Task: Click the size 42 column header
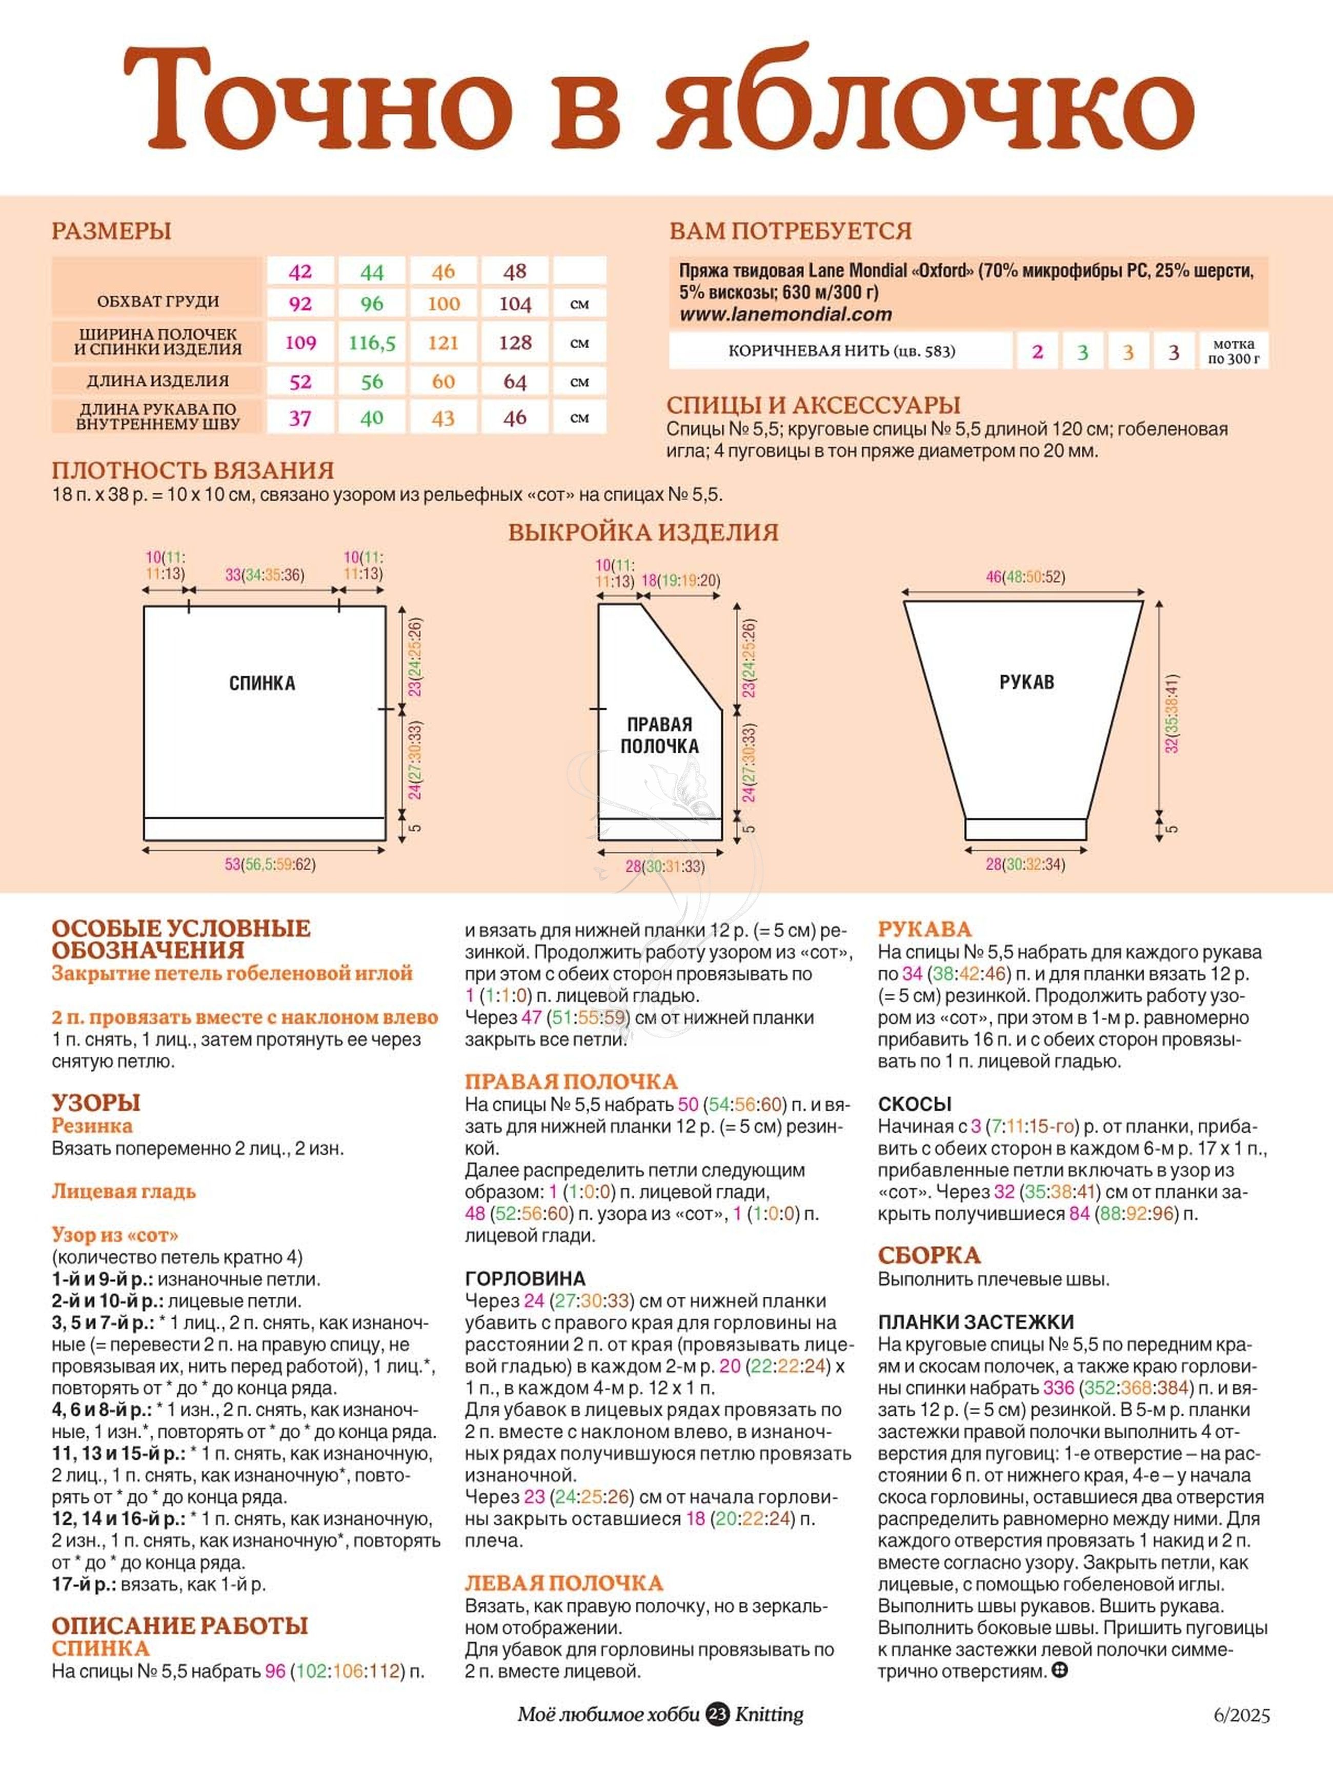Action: tap(299, 271)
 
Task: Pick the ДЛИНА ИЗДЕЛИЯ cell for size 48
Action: tap(515, 381)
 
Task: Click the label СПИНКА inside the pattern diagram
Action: tap(262, 684)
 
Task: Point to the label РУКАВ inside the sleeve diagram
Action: tap(1026, 682)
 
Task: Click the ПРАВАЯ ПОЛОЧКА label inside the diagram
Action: tap(659, 735)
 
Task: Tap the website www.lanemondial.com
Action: tap(785, 315)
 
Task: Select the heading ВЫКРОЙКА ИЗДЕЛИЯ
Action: tap(643, 533)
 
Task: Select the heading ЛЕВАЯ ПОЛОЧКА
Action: tap(563, 1583)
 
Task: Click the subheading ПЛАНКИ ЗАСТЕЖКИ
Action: tap(976, 1321)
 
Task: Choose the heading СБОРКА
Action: tap(929, 1255)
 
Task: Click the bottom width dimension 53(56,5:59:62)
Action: tap(270, 864)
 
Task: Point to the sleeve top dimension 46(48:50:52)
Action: tap(1025, 577)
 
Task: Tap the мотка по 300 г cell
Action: tap(1233, 351)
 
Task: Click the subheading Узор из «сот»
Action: tap(114, 1235)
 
